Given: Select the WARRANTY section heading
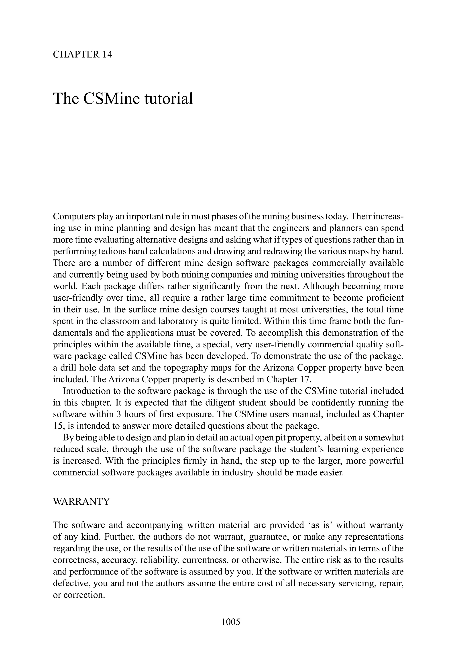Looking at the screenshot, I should coord(82,502).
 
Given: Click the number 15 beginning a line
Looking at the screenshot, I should coord(58,426).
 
